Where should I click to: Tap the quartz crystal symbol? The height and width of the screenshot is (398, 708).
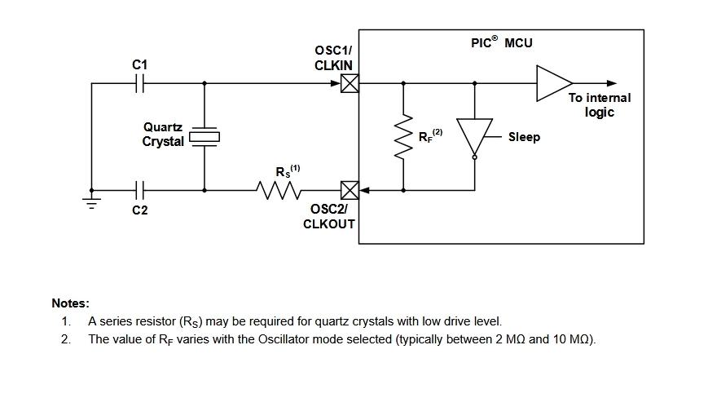click(x=204, y=137)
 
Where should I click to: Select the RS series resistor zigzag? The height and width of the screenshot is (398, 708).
click(x=279, y=191)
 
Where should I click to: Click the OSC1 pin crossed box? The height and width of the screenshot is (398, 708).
click(x=350, y=83)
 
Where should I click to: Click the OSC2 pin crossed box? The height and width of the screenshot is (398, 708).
click(x=350, y=191)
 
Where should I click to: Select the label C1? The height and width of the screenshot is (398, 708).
click(x=140, y=64)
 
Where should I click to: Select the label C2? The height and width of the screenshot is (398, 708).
click(x=140, y=210)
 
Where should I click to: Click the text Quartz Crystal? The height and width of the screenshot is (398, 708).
click(x=163, y=135)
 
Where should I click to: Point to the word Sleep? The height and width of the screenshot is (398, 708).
click(x=524, y=137)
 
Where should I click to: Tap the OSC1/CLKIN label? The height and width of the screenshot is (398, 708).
click(x=332, y=58)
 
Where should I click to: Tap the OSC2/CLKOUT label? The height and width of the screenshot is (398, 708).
click(x=329, y=216)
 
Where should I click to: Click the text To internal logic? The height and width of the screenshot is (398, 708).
click(x=599, y=104)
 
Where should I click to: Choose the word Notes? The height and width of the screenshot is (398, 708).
click(x=71, y=303)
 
